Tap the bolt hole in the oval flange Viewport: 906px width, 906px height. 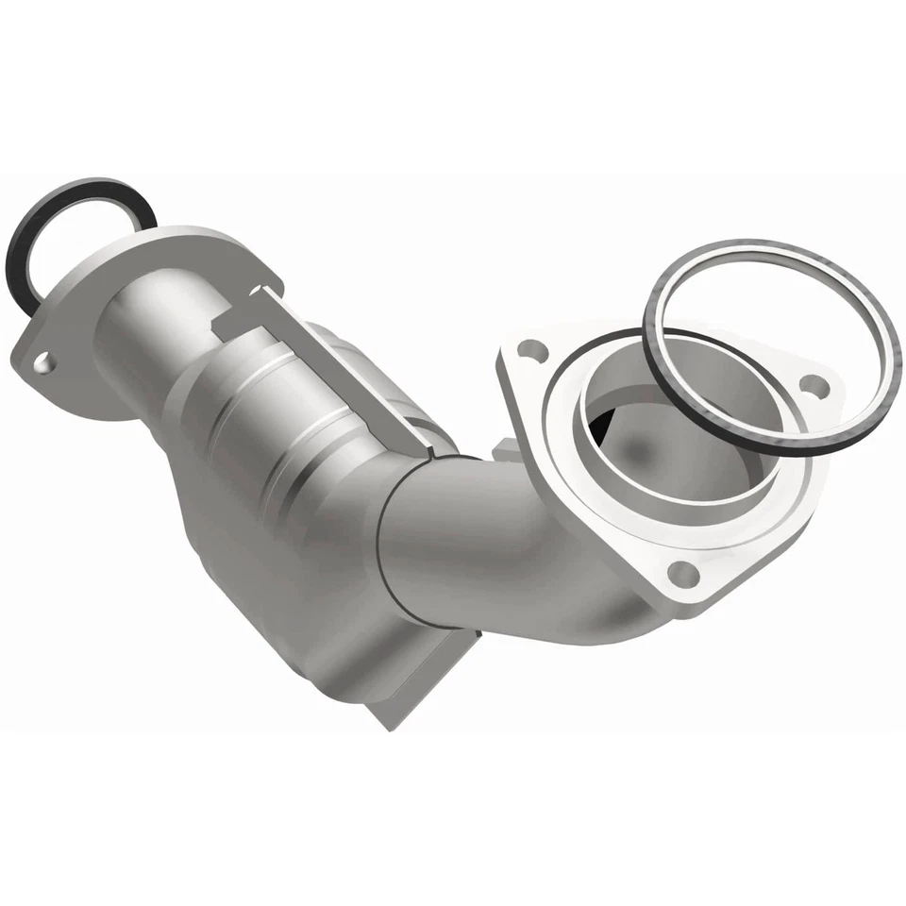42,361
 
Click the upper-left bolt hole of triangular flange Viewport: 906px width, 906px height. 534,349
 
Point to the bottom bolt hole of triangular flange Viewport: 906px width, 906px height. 681,573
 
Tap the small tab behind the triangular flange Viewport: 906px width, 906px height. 505,454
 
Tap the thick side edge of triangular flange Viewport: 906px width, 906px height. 514,415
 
